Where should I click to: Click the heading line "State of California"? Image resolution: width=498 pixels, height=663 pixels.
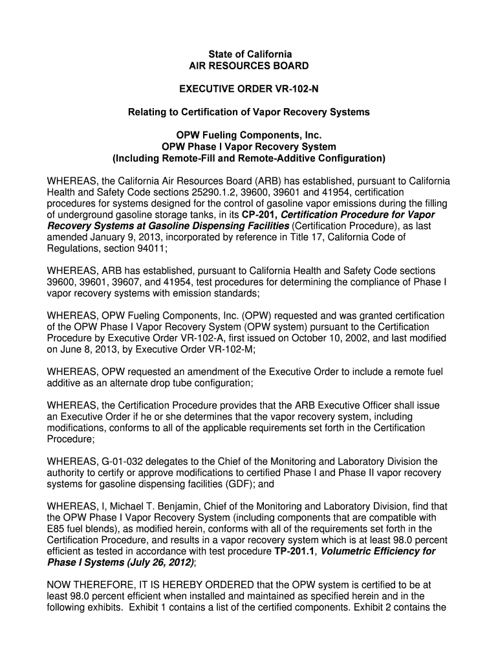248,54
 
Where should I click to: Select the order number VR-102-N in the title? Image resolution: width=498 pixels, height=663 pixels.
294,89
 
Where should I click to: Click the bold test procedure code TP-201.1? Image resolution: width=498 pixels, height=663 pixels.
295,551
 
